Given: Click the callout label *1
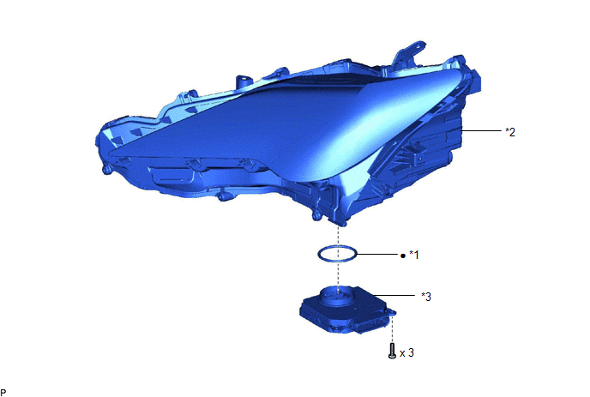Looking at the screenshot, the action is (414, 255).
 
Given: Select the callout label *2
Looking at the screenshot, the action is (510, 132).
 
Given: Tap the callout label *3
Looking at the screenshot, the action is (426, 297).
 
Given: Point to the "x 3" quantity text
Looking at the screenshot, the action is (406, 353).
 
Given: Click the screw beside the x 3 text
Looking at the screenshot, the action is (392, 351).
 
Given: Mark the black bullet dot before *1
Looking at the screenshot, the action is (403, 256).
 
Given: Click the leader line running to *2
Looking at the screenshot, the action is (482, 130).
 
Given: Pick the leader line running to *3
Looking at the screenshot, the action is (394, 296).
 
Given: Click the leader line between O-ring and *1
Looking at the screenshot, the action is (377, 255).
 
